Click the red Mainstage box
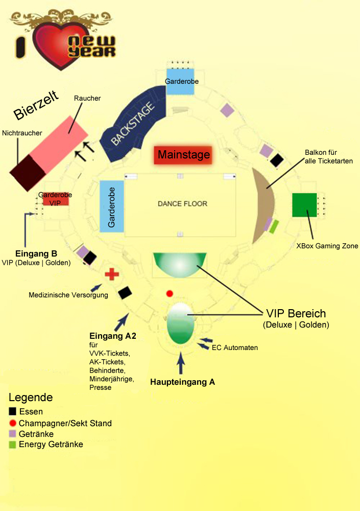pos(183,154)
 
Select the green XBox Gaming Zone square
pos(305,205)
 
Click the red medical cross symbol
pos(112,274)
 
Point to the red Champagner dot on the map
pos(170,293)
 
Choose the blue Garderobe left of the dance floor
pos(112,206)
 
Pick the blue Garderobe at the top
pos(181,81)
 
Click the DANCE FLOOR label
pos(182,204)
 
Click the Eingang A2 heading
pos(112,336)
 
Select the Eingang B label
pos(36,253)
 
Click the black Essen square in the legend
pos(13,412)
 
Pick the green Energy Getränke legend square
pos(13,445)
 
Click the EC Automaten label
pos(235,347)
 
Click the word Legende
pos(31,398)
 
